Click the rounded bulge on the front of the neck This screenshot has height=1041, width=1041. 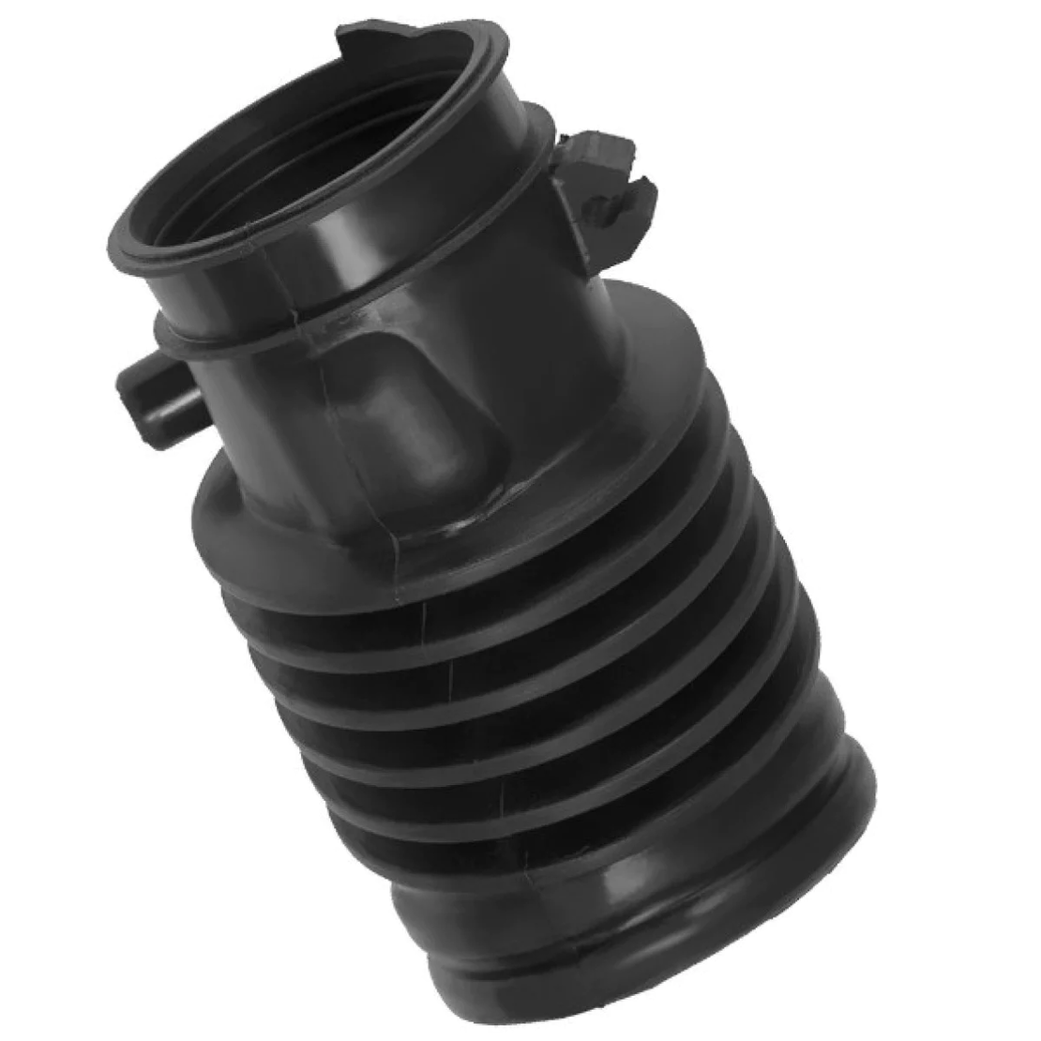394,413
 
